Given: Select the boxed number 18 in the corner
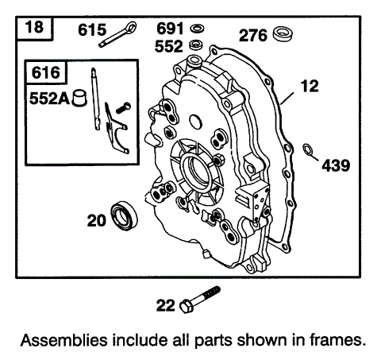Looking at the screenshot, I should [x=34, y=30].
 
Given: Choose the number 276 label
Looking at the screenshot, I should [x=254, y=35].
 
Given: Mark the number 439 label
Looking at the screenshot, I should [x=335, y=165].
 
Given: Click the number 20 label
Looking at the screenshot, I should [x=96, y=222].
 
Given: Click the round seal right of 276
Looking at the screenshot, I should [x=283, y=35].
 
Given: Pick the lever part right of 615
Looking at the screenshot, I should [x=126, y=33].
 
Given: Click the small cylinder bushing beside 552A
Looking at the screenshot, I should [x=79, y=99].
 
